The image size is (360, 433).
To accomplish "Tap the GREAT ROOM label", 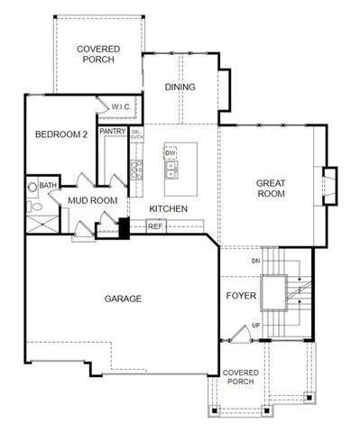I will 270,187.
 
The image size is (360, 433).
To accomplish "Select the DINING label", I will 180,88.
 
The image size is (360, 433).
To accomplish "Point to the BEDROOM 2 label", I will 60,135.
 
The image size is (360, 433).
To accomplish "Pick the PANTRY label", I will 113,131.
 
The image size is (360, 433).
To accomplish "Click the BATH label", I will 48,185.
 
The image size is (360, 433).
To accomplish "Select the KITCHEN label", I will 168,209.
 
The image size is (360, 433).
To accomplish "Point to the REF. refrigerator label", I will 155,226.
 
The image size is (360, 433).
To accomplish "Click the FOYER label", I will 240,295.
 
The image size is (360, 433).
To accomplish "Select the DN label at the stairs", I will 255,262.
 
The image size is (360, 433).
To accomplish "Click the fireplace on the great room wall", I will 329,187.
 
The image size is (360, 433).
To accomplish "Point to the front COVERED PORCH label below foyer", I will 241,376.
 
